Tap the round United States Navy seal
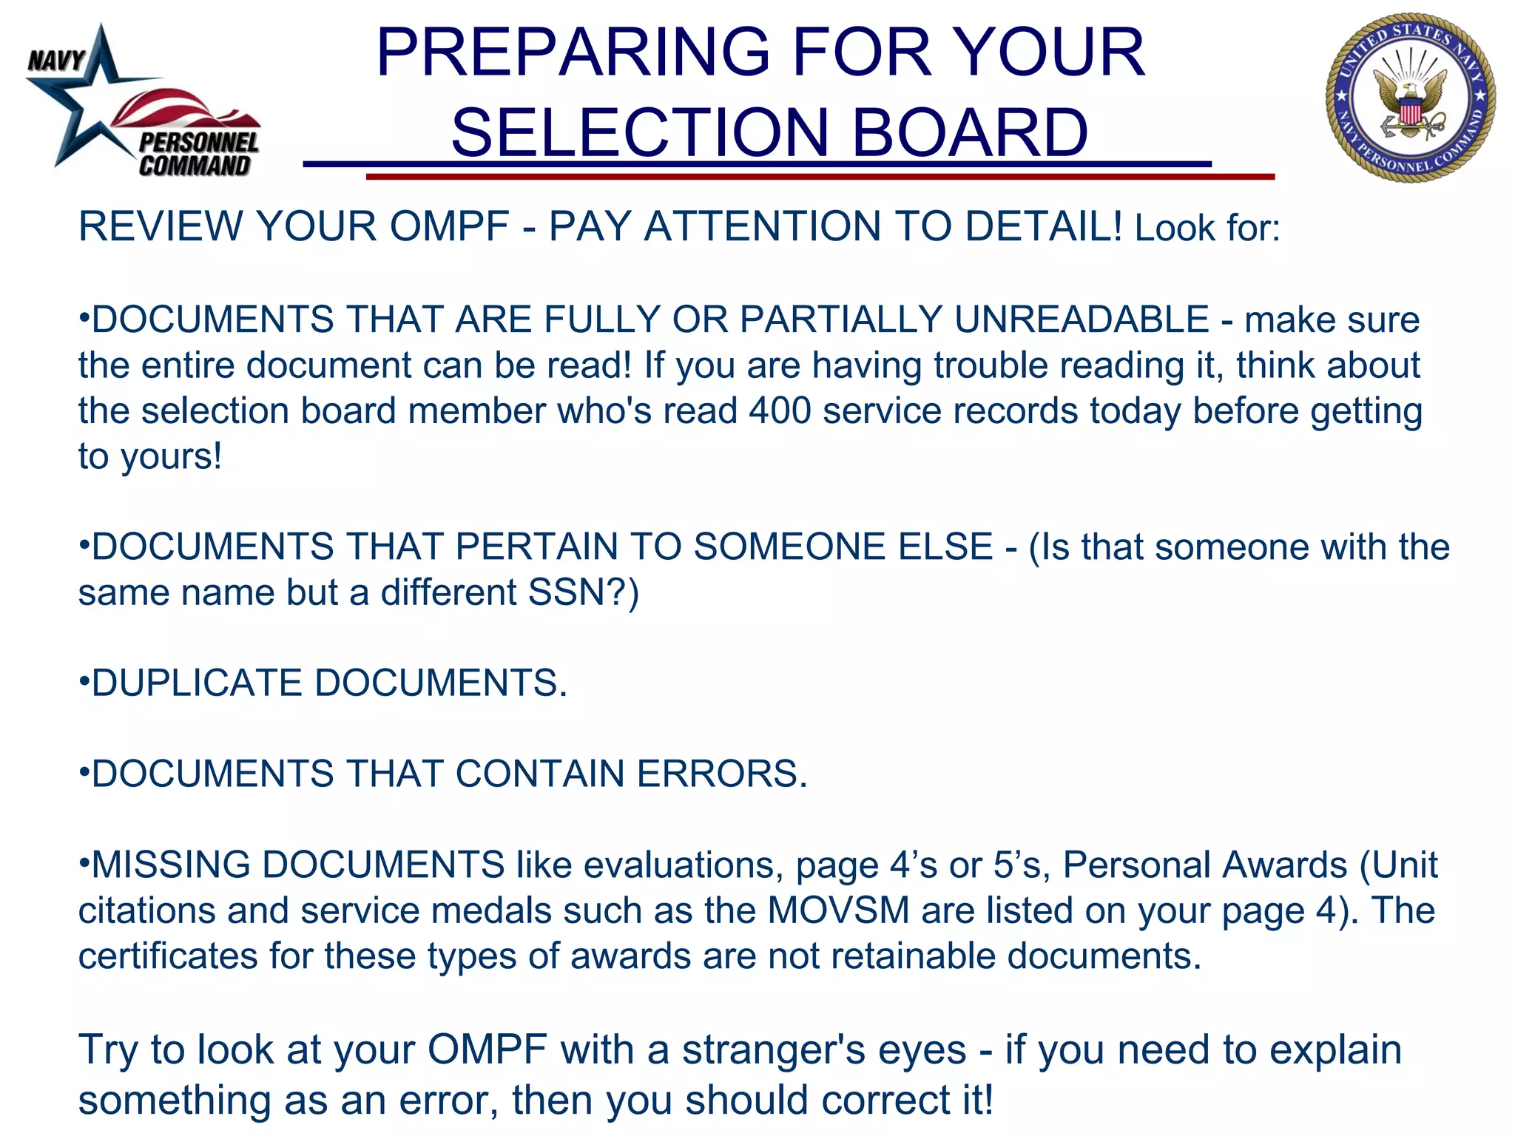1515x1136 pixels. tap(1410, 98)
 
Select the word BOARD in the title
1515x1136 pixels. tap(970, 133)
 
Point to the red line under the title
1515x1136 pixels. tap(820, 177)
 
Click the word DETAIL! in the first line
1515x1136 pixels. tap(1043, 226)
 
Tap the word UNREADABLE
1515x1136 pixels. tap(1082, 320)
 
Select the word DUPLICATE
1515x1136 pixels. tap(197, 683)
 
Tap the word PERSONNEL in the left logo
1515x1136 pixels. tap(199, 143)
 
